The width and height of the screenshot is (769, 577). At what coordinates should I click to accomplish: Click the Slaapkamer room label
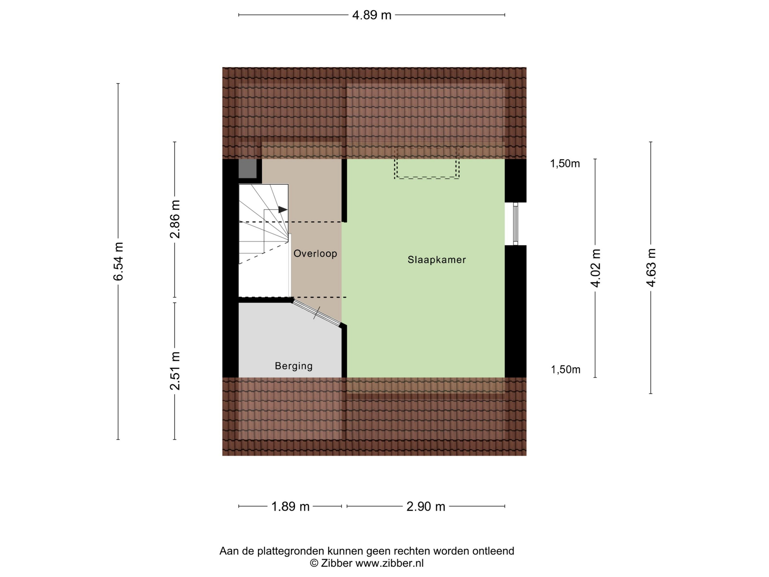(x=437, y=260)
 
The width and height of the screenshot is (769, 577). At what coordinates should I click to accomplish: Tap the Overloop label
(x=315, y=254)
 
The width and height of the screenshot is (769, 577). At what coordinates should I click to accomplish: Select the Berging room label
(x=294, y=366)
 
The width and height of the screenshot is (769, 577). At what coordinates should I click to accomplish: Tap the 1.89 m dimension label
(x=290, y=506)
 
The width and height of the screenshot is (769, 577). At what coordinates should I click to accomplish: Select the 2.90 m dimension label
(x=426, y=506)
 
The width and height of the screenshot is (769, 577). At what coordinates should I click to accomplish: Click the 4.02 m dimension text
(x=595, y=268)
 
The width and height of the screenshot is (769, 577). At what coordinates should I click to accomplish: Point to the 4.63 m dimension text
(x=651, y=268)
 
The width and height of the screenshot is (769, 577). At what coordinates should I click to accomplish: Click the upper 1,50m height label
(x=565, y=163)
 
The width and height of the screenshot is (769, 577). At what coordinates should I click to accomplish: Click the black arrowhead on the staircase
(x=283, y=210)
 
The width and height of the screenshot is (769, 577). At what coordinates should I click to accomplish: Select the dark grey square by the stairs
(x=247, y=169)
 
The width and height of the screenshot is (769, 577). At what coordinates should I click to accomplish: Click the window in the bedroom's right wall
(x=516, y=224)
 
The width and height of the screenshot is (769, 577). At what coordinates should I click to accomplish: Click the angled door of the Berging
(x=316, y=313)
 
